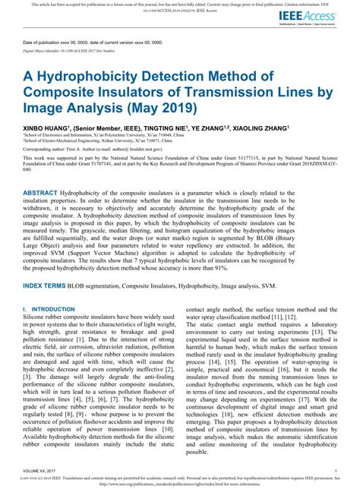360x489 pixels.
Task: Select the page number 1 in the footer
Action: pos(335,472)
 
